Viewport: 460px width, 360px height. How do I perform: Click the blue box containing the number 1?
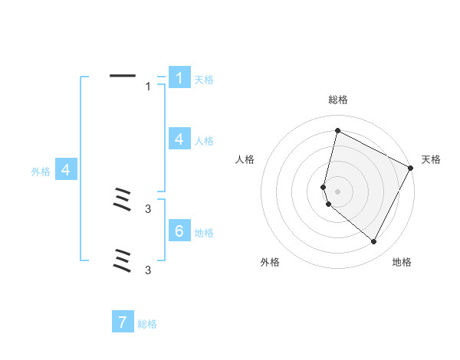179,78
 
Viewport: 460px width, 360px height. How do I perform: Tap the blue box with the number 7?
123,322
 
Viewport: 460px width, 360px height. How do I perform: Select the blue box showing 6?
179,231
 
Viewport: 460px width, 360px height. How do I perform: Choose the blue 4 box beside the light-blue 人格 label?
179,139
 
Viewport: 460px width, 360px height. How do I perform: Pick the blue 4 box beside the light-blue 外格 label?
66,170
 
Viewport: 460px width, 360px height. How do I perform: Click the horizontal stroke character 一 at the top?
123,76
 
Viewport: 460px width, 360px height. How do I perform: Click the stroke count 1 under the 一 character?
149,87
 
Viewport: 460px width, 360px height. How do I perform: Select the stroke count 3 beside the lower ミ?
148,270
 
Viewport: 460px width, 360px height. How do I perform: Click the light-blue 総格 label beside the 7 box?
147,324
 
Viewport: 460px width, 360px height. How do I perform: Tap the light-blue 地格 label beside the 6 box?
204,233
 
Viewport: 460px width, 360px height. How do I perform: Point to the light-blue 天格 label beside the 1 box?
204,80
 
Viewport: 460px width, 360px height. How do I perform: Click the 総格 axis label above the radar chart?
337,100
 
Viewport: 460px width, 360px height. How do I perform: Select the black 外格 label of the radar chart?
270,263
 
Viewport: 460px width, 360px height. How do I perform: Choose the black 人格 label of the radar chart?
245,159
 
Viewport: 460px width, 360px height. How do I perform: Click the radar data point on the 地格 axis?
374,242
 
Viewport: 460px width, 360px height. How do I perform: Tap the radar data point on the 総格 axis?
337,131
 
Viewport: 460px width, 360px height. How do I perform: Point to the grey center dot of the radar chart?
337,191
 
